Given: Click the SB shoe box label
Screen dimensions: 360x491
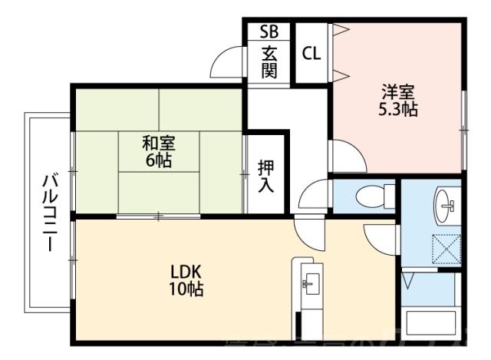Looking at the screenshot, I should [x=269, y=31].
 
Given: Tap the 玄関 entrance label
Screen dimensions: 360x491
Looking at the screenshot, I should [x=269, y=63].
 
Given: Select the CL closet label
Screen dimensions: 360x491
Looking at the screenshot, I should [x=311, y=54].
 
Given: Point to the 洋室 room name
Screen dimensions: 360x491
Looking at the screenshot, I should [x=398, y=91].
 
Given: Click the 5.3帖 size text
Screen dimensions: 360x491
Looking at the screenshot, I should [x=398, y=109].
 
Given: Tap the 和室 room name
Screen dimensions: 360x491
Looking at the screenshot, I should [x=159, y=142].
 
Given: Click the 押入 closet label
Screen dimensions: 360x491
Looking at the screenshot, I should [x=265, y=176].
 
